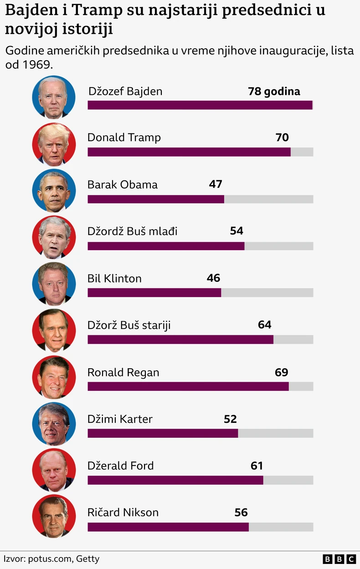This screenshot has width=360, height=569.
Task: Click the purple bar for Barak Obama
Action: pyautogui.click(x=155, y=199)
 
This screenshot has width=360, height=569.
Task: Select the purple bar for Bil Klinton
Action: pyautogui.click(x=154, y=292)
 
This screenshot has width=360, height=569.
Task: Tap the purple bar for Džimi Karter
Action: pyautogui.click(x=163, y=433)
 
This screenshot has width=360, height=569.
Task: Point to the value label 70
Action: pyautogui.click(x=282, y=137)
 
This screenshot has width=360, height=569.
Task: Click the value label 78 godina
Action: pyautogui.click(x=274, y=91)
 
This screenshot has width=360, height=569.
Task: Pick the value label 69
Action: pyautogui.click(x=281, y=372)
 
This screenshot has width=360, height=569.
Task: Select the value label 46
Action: pyautogui.click(x=213, y=278)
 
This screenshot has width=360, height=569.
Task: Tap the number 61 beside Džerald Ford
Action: pyautogui.click(x=257, y=466)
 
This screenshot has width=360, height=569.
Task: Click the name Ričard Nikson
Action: pyautogui.click(x=123, y=513)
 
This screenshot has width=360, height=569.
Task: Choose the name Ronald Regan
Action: pyautogui.click(x=123, y=373)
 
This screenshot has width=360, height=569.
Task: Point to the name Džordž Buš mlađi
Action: pyautogui.click(x=133, y=231)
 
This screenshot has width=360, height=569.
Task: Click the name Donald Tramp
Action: pyautogui.click(x=124, y=138)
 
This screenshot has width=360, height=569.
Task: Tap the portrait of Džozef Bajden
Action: pyautogui.click(x=54, y=97)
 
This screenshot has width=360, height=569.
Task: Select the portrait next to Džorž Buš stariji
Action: pyautogui.click(x=54, y=330)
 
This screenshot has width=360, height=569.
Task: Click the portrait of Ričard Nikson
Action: pyautogui.click(x=54, y=516)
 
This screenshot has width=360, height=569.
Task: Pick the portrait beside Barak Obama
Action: pyautogui.click(x=54, y=190)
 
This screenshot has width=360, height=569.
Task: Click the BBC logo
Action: pyautogui.click(x=339, y=559)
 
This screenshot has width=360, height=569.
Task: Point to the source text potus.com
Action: pyautogui.click(x=50, y=559)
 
